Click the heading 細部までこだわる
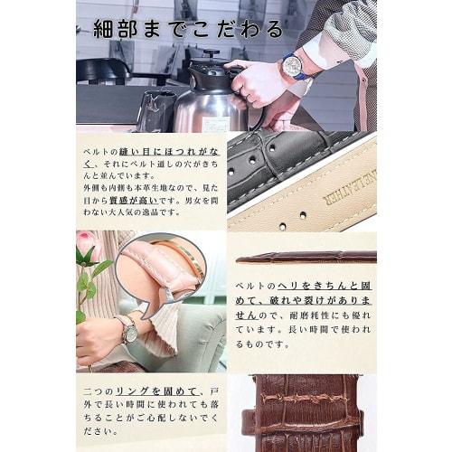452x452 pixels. (x=180, y=29)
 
